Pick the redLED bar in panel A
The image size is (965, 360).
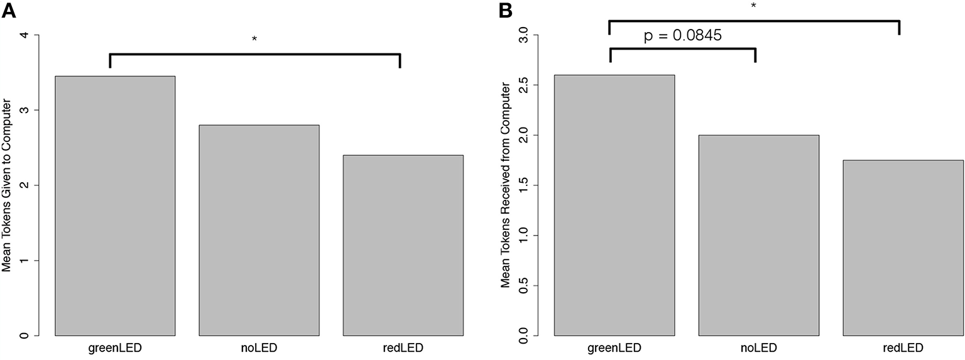point(403,245)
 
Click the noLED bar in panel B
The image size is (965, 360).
point(758,235)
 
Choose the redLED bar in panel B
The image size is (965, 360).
point(902,248)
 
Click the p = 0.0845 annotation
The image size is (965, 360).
point(682,36)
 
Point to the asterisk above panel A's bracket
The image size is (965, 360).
point(254,40)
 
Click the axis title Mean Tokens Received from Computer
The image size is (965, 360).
point(505,185)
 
